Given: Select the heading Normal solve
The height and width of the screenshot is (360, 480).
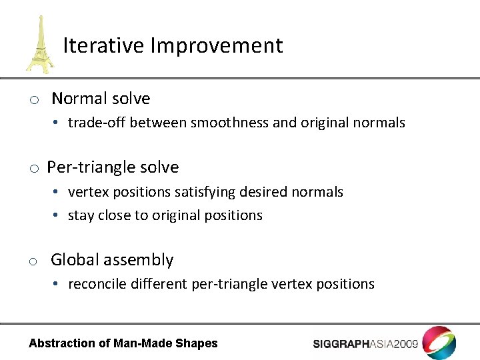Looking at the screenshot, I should [x=101, y=99].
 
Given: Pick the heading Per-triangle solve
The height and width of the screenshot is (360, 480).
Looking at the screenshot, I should [x=113, y=167].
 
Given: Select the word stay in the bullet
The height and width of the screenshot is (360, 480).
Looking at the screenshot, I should [x=81, y=215].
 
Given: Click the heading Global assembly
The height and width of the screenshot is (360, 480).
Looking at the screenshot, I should [x=112, y=260].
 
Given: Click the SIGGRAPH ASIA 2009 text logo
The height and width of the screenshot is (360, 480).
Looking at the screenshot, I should [x=365, y=344].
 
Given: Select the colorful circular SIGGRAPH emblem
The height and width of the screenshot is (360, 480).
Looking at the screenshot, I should [x=440, y=343].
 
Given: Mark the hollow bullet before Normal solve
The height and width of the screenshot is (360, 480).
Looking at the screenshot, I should [x=32, y=101].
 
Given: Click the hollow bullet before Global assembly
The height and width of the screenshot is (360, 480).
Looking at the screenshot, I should [x=32, y=262].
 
